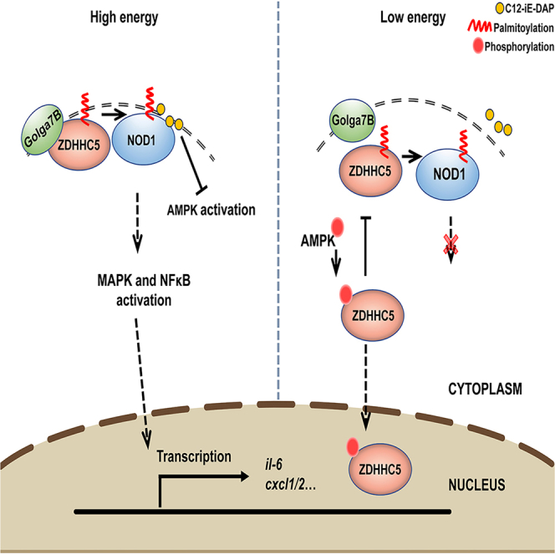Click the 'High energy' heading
pos(124,18)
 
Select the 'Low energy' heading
pos(413,18)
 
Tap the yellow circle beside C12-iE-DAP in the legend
pos(500,8)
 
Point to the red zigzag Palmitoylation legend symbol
pos(480,26)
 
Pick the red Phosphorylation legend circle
pos(478,46)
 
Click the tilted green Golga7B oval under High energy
pos(43,130)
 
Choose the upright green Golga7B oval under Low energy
pos(352,120)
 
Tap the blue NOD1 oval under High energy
pos(144,139)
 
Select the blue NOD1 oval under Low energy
pos(447,174)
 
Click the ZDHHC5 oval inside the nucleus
pos(380,469)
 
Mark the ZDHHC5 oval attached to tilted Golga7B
pos(79,145)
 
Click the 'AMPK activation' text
pos(211,210)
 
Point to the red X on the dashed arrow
pos(451,245)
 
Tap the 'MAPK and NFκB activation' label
pos(144,290)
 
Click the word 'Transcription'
pos(194,456)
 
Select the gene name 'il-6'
pos(273,465)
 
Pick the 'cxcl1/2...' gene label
pos(290,484)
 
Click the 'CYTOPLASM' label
pos(485,389)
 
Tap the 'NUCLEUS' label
pos(476,485)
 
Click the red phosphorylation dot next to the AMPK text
pos(338,227)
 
